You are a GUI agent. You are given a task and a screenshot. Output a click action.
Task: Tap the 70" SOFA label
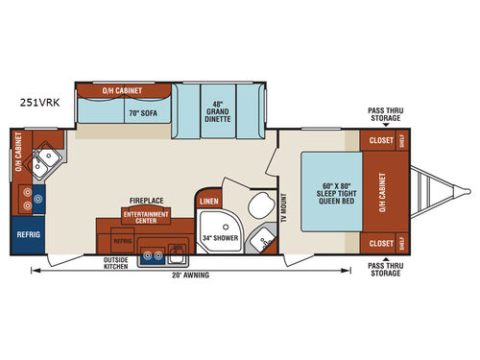point(122,110)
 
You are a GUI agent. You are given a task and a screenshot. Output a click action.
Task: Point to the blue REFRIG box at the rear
point(25,233)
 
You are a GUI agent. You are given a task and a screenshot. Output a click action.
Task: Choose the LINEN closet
point(206,200)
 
